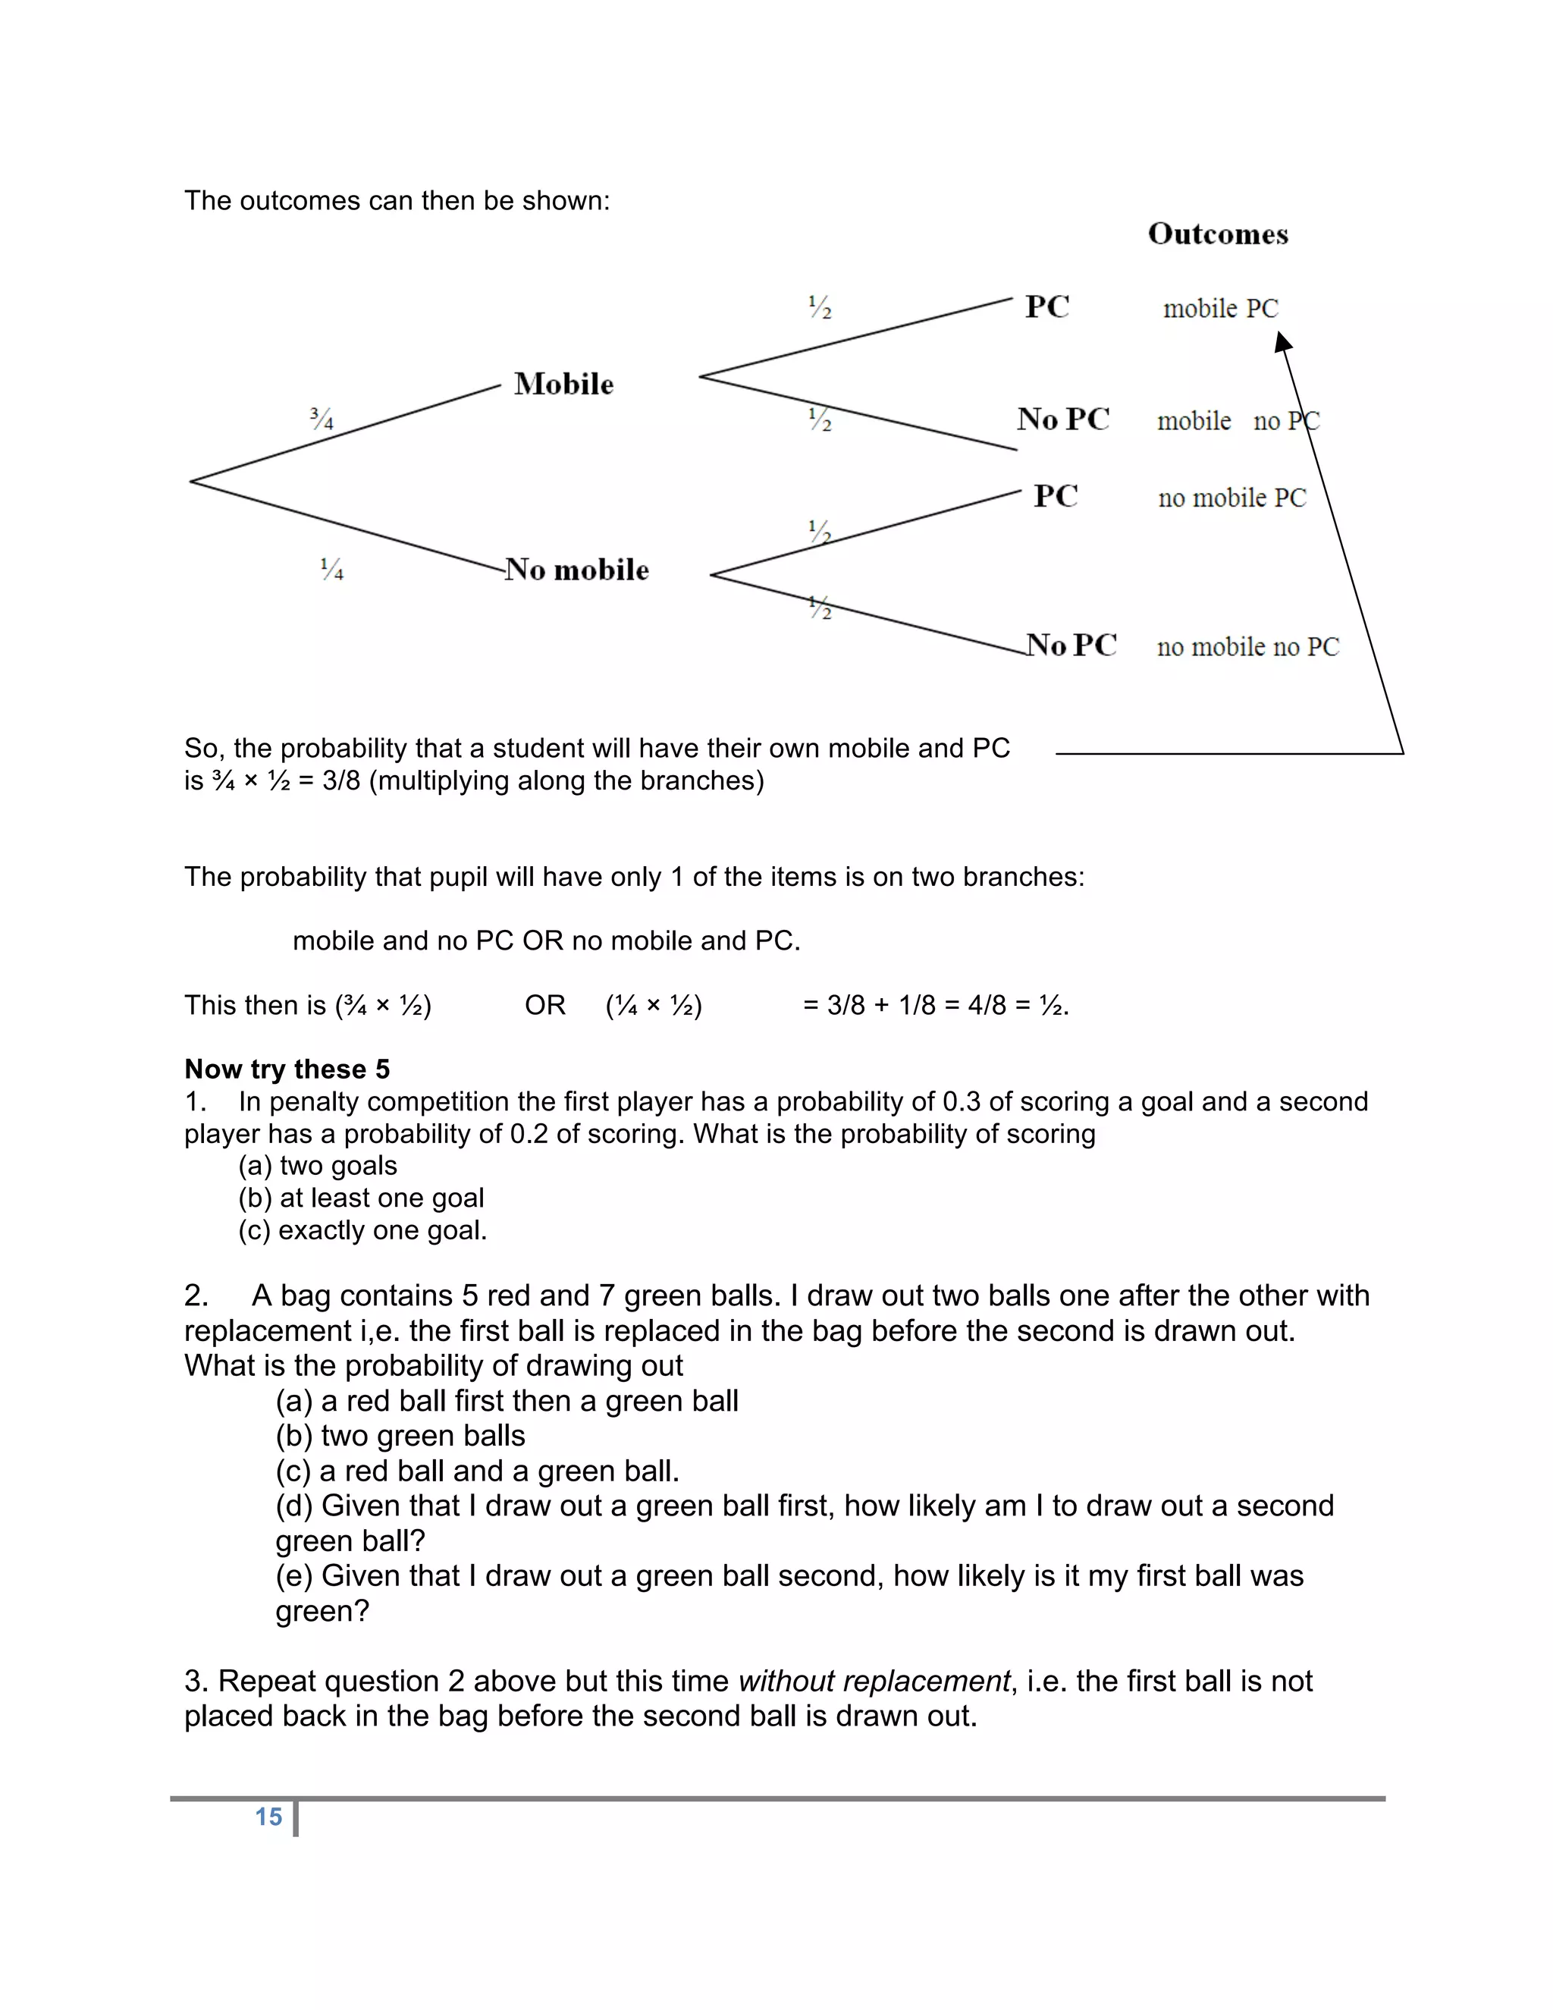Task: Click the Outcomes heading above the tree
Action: pos(1217,234)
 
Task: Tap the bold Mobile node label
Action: pos(563,384)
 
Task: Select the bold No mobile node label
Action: pos(577,570)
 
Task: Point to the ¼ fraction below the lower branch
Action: pos(332,570)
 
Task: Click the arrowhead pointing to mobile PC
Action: pos(1282,342)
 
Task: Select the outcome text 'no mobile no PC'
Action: pos(1247,647)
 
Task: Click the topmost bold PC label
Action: pos(1047,306)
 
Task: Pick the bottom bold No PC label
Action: pos(1071,645)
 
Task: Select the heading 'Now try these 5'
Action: pos(287,1069)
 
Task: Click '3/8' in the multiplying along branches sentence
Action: pos(341,780)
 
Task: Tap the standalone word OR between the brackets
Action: pos(544,1005)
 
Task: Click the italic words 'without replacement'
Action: pos(874,1681)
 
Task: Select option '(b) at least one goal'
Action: pos(361,1198)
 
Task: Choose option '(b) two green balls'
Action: pos(400,1436)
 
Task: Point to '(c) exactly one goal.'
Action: pos(362,1230)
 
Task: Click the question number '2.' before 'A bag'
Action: pos(196,1296)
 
